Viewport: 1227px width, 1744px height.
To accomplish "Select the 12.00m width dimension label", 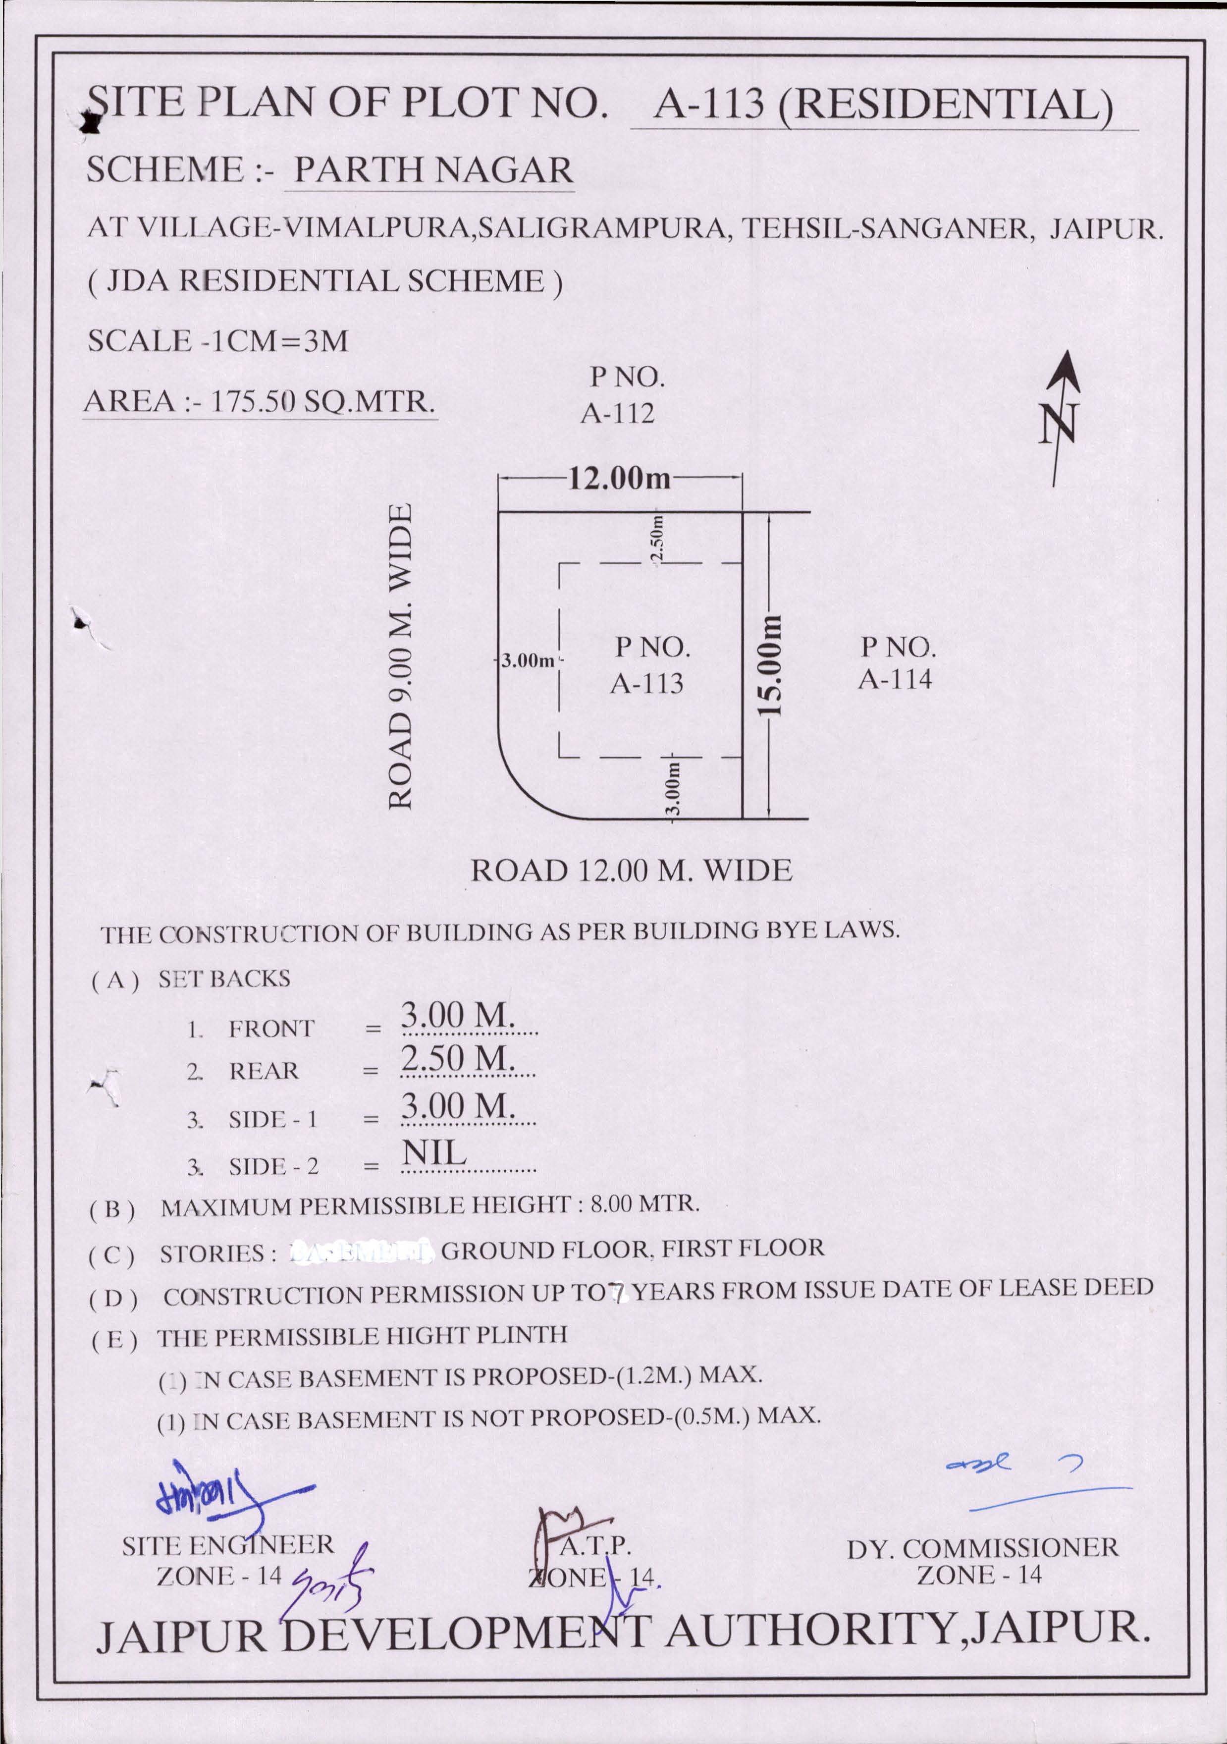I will tap(620, 479).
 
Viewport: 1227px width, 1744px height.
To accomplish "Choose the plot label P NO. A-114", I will tap(896, 662).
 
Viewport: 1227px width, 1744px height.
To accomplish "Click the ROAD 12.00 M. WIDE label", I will tap(631, 871).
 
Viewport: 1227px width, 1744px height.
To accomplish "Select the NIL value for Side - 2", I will tap(433, 1153).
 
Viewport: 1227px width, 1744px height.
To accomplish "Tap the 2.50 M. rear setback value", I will tap(458, 1058).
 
